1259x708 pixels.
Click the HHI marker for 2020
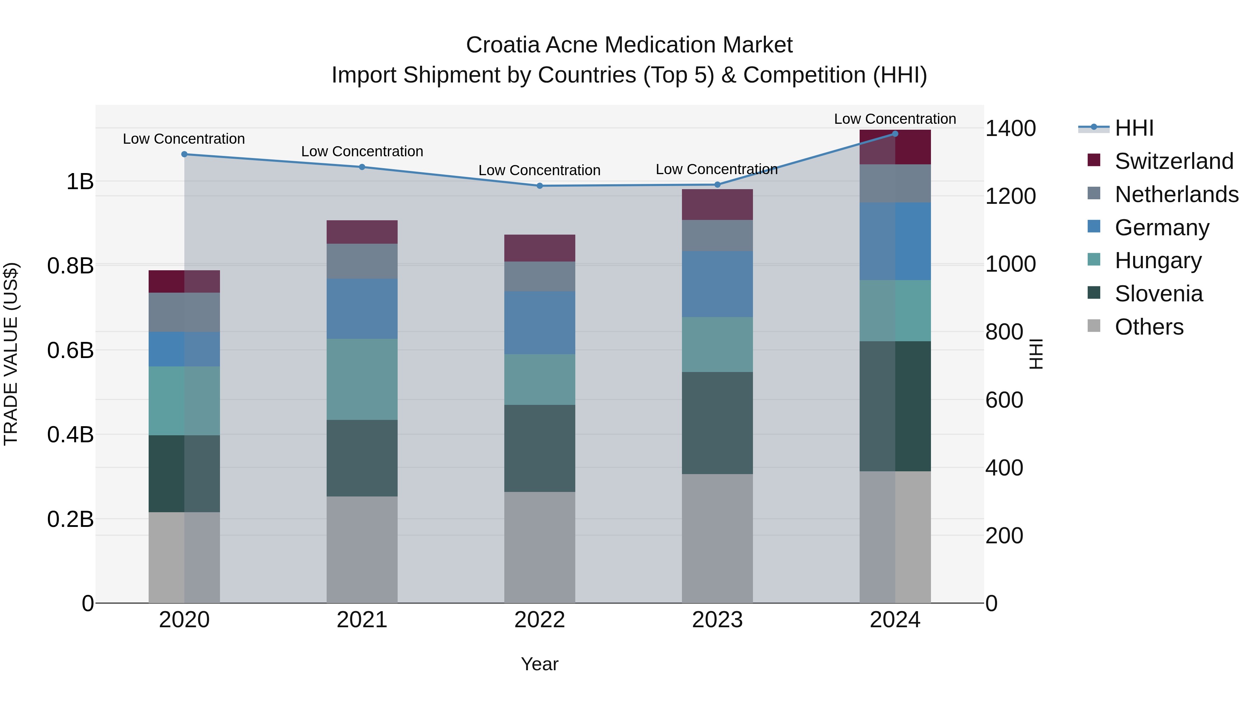click(x=184, y=155)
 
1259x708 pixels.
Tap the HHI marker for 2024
click(x=895, y=134)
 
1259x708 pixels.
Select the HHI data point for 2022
click(x=540, y=186)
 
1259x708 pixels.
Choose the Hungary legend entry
click(x=1158, y=260)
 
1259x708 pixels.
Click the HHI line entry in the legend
click(x=1134, y=128)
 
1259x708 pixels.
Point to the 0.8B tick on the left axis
click(x=70, y=266)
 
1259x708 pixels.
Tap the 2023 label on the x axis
click(x=717, y=620)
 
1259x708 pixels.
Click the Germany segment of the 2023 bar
click(x=717, y=284)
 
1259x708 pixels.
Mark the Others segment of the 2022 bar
click(x=540, y=547)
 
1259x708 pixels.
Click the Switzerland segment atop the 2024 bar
click(x=895, y=147)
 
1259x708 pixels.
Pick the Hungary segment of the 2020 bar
click(x=184, y=401)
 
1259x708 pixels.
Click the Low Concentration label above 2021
click(x=362, y=151)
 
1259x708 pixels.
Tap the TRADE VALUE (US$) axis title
click(x=11, y=354)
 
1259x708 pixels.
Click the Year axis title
click(x=540, y=664)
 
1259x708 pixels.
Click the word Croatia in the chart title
click(x=503, y=45)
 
